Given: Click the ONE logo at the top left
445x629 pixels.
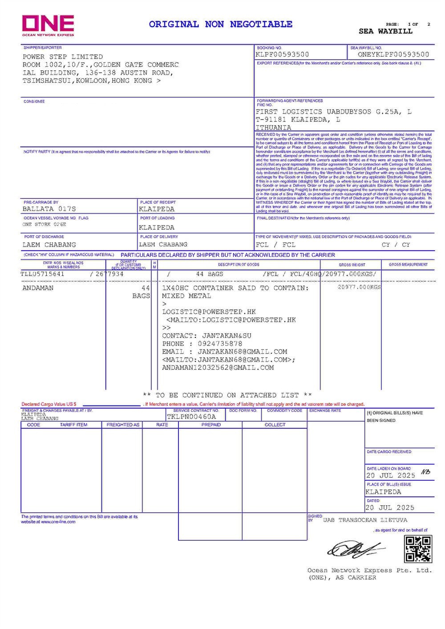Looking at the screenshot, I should tap(48, 25).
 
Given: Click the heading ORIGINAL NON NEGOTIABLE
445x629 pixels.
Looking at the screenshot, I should tap(221, 24).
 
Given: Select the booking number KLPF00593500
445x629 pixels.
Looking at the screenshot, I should tap(282, 55).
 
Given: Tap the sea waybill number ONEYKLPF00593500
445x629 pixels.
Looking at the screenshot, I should tap(393, 55).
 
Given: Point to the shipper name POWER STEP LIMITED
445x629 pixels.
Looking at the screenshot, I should tap(63, 57).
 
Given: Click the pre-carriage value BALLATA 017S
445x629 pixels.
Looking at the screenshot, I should tap(49, 209).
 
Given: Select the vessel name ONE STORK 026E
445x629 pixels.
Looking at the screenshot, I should tap(44, 225).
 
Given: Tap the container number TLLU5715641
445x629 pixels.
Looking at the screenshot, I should tap(43, 274).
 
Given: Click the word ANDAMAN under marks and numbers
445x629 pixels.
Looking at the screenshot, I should tap(38, 288).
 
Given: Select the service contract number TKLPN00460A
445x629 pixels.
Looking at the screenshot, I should tap(191, 417).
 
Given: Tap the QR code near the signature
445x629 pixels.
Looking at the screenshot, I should tap(418, 549).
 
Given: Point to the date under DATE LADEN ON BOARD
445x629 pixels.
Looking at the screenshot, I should tap(390, 475).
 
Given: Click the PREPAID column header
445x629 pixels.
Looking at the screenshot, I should tap(210, 425).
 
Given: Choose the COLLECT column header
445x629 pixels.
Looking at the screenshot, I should tap(275, 425).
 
